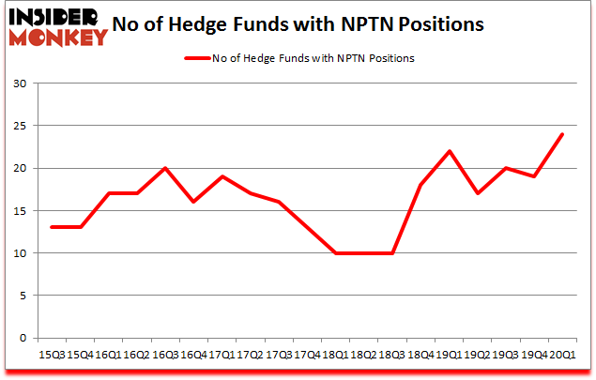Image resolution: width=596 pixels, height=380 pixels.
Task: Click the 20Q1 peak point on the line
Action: (561, 134)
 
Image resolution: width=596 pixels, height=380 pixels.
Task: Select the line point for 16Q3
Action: (165, 168)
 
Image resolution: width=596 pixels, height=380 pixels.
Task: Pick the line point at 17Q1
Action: (220, 176)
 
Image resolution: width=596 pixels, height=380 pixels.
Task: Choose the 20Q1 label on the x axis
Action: (561, 355)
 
